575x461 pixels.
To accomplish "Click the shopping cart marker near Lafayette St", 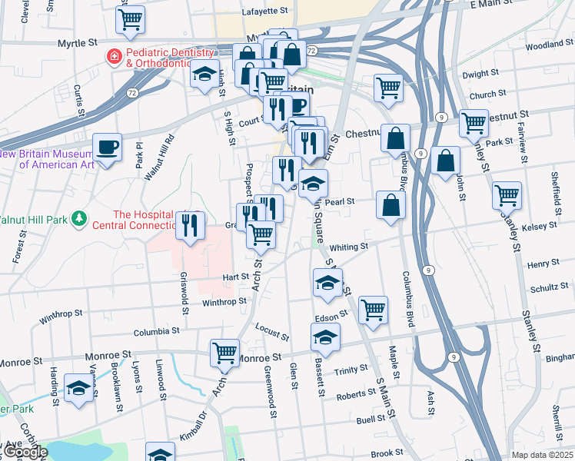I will [x=131, y=19].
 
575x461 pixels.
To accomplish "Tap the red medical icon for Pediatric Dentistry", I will [x=114, y=55].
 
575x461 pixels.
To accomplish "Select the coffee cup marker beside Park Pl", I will [x=108, y=146].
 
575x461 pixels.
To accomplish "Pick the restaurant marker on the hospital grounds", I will [x=190, y=225].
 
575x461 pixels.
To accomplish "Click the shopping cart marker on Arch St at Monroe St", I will [x=225, y=353].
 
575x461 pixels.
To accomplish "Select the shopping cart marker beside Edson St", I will [x=373, y=310].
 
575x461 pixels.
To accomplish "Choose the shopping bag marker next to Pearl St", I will [x=391, y=205].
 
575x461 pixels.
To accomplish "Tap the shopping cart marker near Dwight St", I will [x=389, y=87].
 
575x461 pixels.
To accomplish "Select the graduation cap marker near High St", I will [x=204, y=75].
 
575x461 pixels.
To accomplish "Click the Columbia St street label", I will [x=156, y=332].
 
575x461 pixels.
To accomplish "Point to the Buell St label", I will [x=371, y=421].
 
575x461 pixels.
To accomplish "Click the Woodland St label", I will [x=547, y=45].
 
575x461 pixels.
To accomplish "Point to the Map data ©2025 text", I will [x=541, y=455].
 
